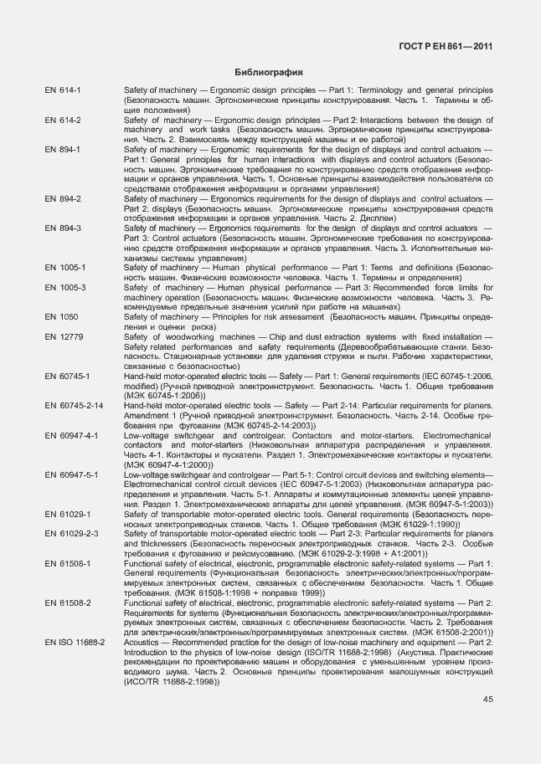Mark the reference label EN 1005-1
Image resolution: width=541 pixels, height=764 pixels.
tap(64, 268)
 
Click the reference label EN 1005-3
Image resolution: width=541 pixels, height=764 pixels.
tap(64, 288)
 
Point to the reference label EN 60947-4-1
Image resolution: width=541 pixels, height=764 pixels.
tap(71, 435)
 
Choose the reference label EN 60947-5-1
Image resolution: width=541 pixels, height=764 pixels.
tap(71, 474)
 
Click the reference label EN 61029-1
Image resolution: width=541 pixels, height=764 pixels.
tap(68, 514)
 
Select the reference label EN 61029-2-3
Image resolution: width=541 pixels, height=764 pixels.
tap(71, 533)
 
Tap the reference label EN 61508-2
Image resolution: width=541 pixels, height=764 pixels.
tap(68, 602)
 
